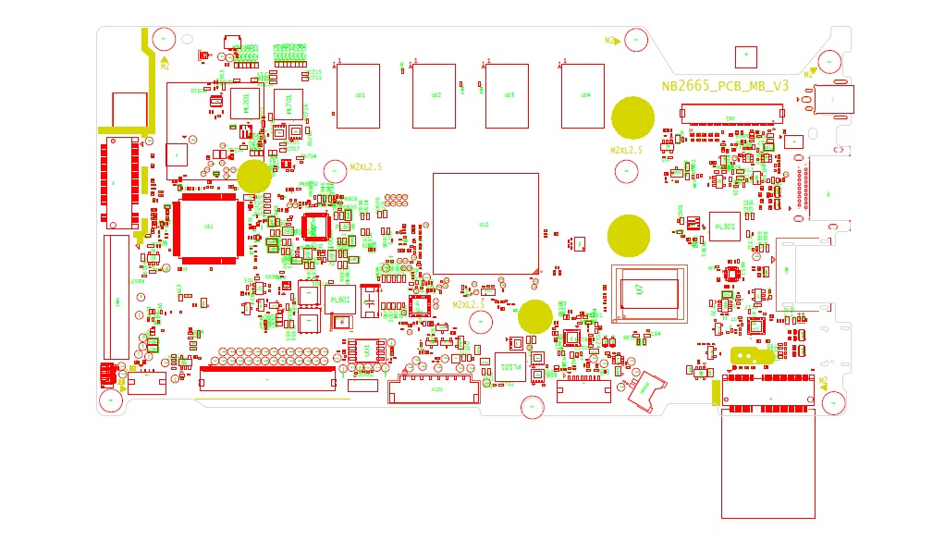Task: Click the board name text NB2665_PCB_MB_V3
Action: tap(725, 86)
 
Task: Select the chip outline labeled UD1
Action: tap(358, 95)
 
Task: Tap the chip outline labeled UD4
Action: tap(583, 95)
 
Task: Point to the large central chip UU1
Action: tap(485, 223)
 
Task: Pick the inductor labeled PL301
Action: tap(725, 226)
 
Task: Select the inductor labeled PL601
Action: tap(339, 299)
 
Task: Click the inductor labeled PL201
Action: tap(246, 104)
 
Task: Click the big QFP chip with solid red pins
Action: tap(210, 227)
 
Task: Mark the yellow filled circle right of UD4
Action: tap(633, 117)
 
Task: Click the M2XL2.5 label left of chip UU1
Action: tap(365, 167)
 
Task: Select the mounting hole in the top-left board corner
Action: tap(165, 39)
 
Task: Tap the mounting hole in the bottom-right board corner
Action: tap(833, 402)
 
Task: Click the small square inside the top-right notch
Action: tap(744, 56)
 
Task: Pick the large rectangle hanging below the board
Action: tap(768, 465)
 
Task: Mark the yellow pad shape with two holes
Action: tap(751, 354)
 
